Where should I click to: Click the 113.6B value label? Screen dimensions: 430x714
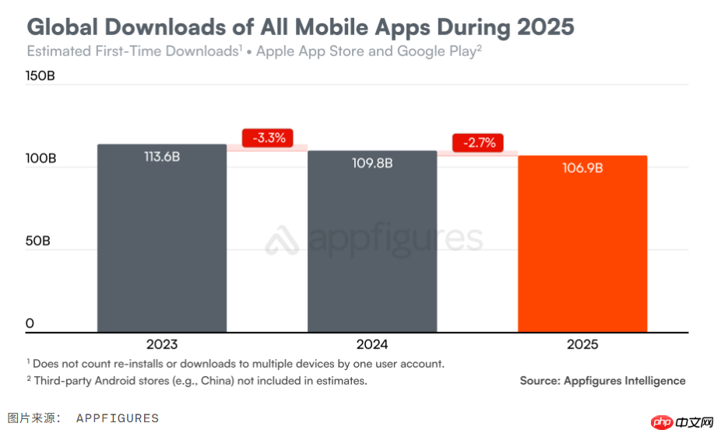coord(162,157)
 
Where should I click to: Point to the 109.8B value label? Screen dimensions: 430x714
coord(372,164)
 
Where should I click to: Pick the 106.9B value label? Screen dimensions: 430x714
coord(582,167)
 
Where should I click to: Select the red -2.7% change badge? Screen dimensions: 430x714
coord(478,143)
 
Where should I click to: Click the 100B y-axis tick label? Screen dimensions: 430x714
coord(40,158)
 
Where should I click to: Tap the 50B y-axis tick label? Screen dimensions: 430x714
coord(38,241)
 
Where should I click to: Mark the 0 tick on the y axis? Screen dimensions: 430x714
coord(30,323)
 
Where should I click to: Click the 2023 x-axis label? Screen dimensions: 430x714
coord(162,344)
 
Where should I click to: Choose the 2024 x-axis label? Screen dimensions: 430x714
coord(372,344)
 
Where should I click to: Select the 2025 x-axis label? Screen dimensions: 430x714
coord(582,344)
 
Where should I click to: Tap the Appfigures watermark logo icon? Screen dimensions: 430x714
coord(283,241)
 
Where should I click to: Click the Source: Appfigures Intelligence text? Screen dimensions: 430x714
coord(603,381)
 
